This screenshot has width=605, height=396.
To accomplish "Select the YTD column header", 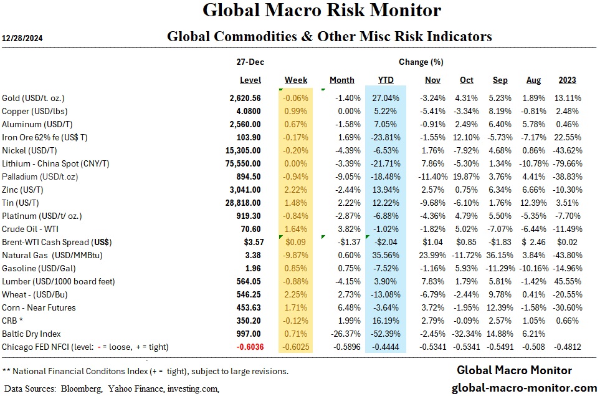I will point(386,80).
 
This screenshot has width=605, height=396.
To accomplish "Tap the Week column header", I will point(296,80).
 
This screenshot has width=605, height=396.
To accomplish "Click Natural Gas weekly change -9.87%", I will point(296,255).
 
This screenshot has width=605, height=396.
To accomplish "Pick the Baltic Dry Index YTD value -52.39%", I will point(385,334).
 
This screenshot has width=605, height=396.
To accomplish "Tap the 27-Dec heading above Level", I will point(247,62).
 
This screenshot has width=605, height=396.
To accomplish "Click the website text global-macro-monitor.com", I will point(524,387).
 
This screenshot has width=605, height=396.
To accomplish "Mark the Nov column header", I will point(432,80).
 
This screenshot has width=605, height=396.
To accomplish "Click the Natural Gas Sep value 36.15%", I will point(499,255).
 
